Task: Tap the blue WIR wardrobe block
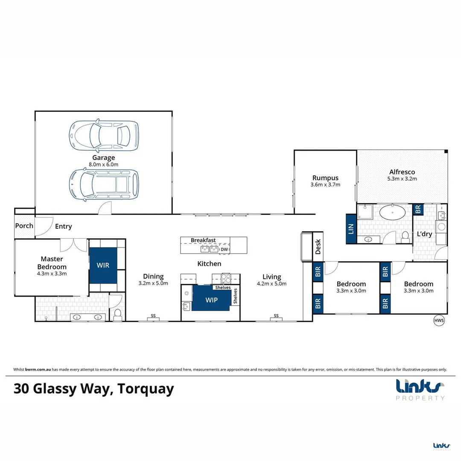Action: click(x=103, y=265)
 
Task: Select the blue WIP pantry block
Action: click(x=211, y=299)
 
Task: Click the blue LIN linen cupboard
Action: click(x=351, y=228)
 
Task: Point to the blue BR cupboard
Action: click(x=418, y=209)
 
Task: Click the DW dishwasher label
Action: click(x=225, y=249)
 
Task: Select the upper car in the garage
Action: click(x=104, y=136)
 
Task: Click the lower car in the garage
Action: click(x=104, y=184)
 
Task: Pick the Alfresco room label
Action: click(x=402, y=172)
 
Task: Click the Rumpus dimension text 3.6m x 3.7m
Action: click(x=325, y=185)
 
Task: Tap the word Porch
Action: click(x=24, y=225)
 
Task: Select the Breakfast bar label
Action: click(x=203, y=240)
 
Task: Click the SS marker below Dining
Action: click(x=152, y=316)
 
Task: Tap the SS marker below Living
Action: click(x=276, y=316)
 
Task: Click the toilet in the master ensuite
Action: click(x=117, y=314)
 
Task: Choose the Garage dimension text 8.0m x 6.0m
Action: click(x=104, y=164)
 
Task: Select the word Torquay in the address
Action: click(x=146, y=389)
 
